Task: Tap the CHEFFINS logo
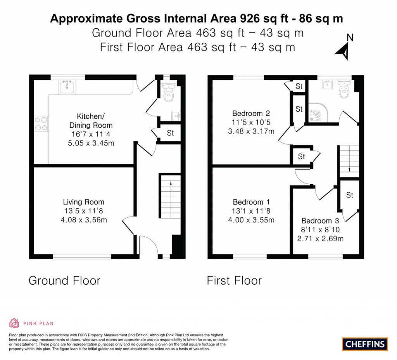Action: tap(365, 344)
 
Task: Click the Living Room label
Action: tap(84, 202)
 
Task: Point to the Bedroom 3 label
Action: tap(320, 220)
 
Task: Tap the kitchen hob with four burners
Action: tap(41, 123)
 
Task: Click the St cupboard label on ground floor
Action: tap(170, 133)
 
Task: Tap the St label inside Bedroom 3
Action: tap(349, 195)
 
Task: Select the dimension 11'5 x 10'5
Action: tap(251, 123)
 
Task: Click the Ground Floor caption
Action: tap(64, 280)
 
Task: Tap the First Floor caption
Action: tap(234, 280)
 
